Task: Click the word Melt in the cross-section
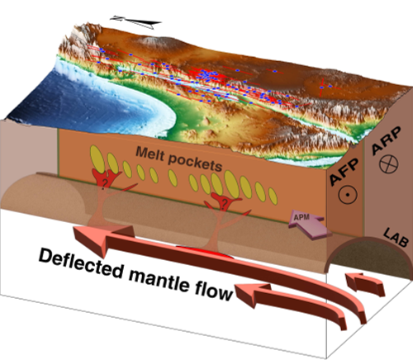pos(150,153)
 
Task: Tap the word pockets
pos(195,163)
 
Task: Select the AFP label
pos(344,172)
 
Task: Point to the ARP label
pos(387,140)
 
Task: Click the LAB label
pos(396,237)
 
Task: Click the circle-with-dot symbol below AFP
pos(348,195)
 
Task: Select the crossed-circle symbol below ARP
pos(389,164)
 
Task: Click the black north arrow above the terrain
pos(135,22)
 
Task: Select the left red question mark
pos(104,182)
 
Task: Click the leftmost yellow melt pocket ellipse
pos(97,159)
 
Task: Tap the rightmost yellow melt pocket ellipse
pos(273,196)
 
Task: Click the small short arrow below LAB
pos(366,283)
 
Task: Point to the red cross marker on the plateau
pos(322,88)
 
